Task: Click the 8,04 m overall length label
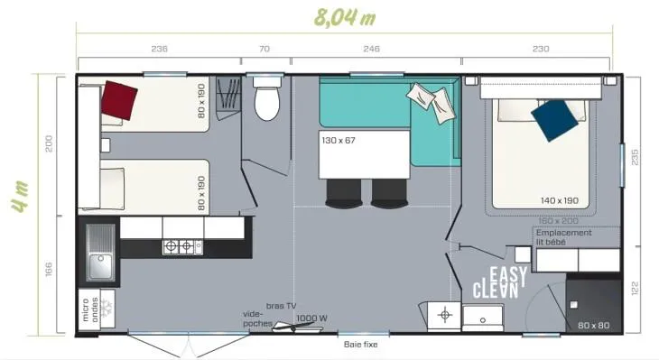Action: click(344, 16)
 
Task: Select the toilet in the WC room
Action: click(266, 103)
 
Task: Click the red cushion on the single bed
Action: click(118, 98)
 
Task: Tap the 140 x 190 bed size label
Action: click(560, 200)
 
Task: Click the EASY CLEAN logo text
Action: click(497, 283)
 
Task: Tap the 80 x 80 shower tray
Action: click(593, 307)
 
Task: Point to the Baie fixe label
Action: click(359, 344)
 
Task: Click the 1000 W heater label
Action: click(311, 318)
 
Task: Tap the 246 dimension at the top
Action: click(370, 50)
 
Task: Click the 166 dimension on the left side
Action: click(50, 269)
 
